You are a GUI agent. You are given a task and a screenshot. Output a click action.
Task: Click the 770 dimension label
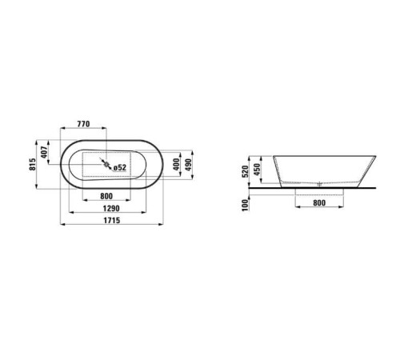[83, 124]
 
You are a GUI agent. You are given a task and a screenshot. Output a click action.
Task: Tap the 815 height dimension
[33, 164]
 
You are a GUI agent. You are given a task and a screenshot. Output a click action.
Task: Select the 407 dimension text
[45, 152]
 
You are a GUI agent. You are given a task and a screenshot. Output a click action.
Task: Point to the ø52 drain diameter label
[119, 167]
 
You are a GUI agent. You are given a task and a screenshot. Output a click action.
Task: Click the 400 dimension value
[176, 165]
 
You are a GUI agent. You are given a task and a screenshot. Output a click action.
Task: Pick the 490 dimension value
[188, 165]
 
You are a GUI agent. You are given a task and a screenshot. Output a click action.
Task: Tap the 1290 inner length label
[111, 208]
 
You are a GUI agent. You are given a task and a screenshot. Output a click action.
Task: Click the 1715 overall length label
[112, 220]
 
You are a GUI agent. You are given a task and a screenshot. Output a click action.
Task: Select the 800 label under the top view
[106, 196]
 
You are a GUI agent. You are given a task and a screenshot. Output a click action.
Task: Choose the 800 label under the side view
[319, 203]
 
